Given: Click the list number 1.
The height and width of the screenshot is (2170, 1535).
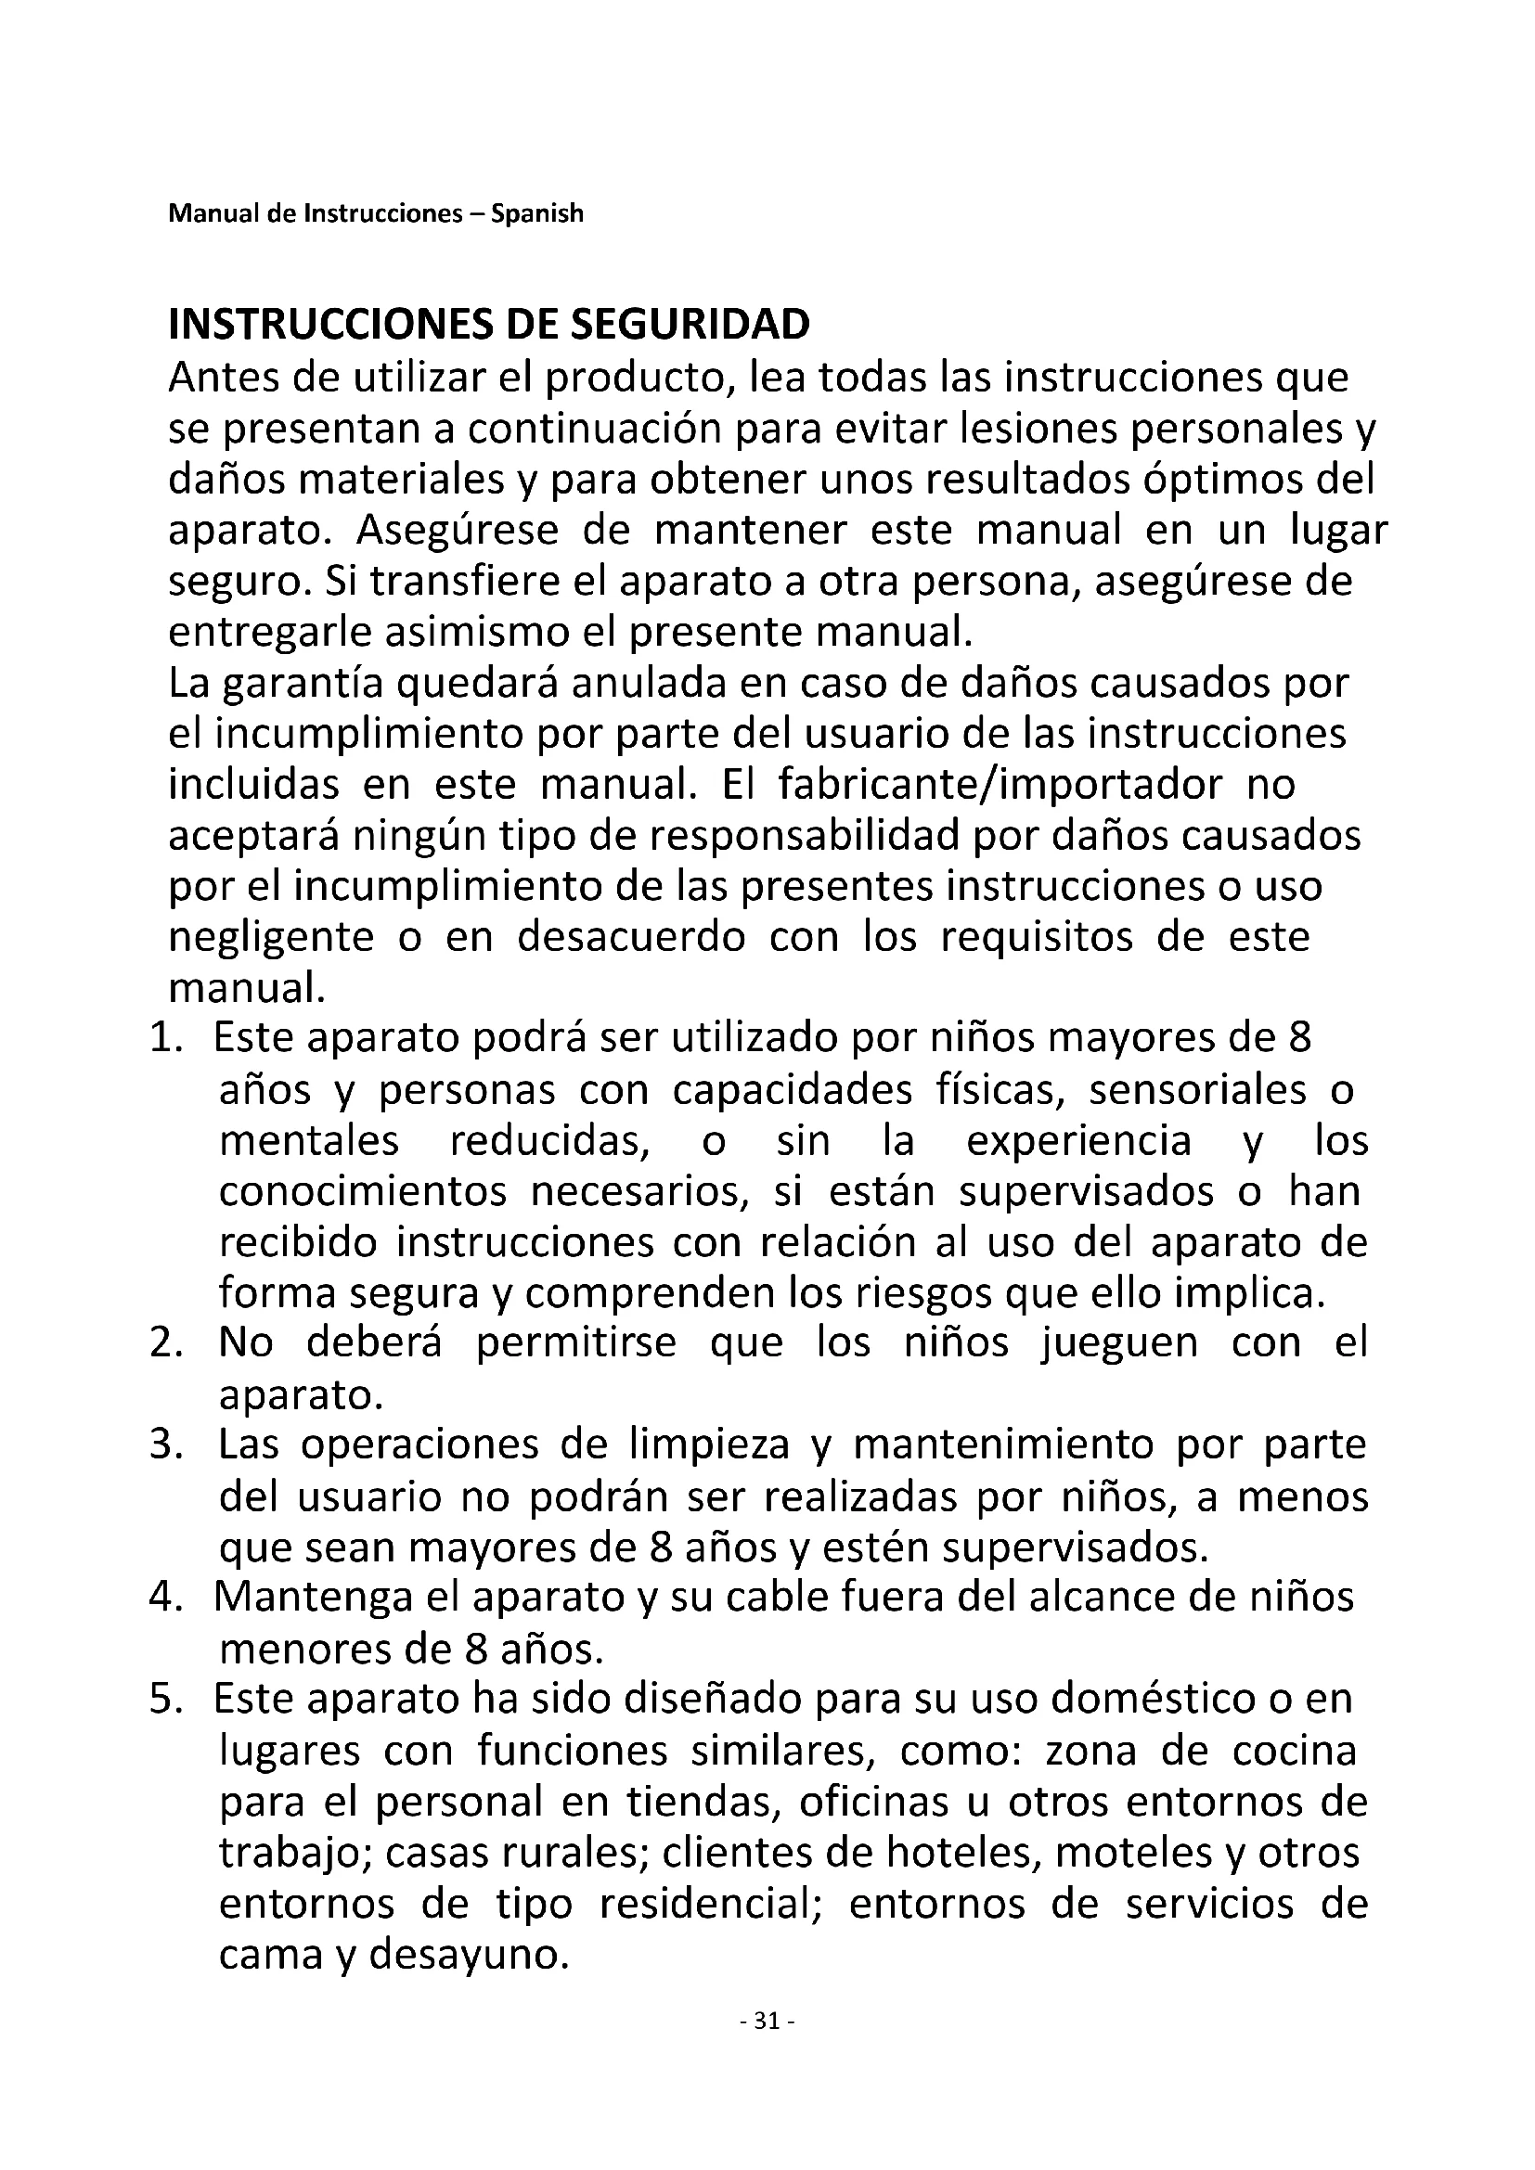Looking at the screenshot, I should point(164,1039).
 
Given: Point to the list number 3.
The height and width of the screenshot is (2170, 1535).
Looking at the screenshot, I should point(164,1445).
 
